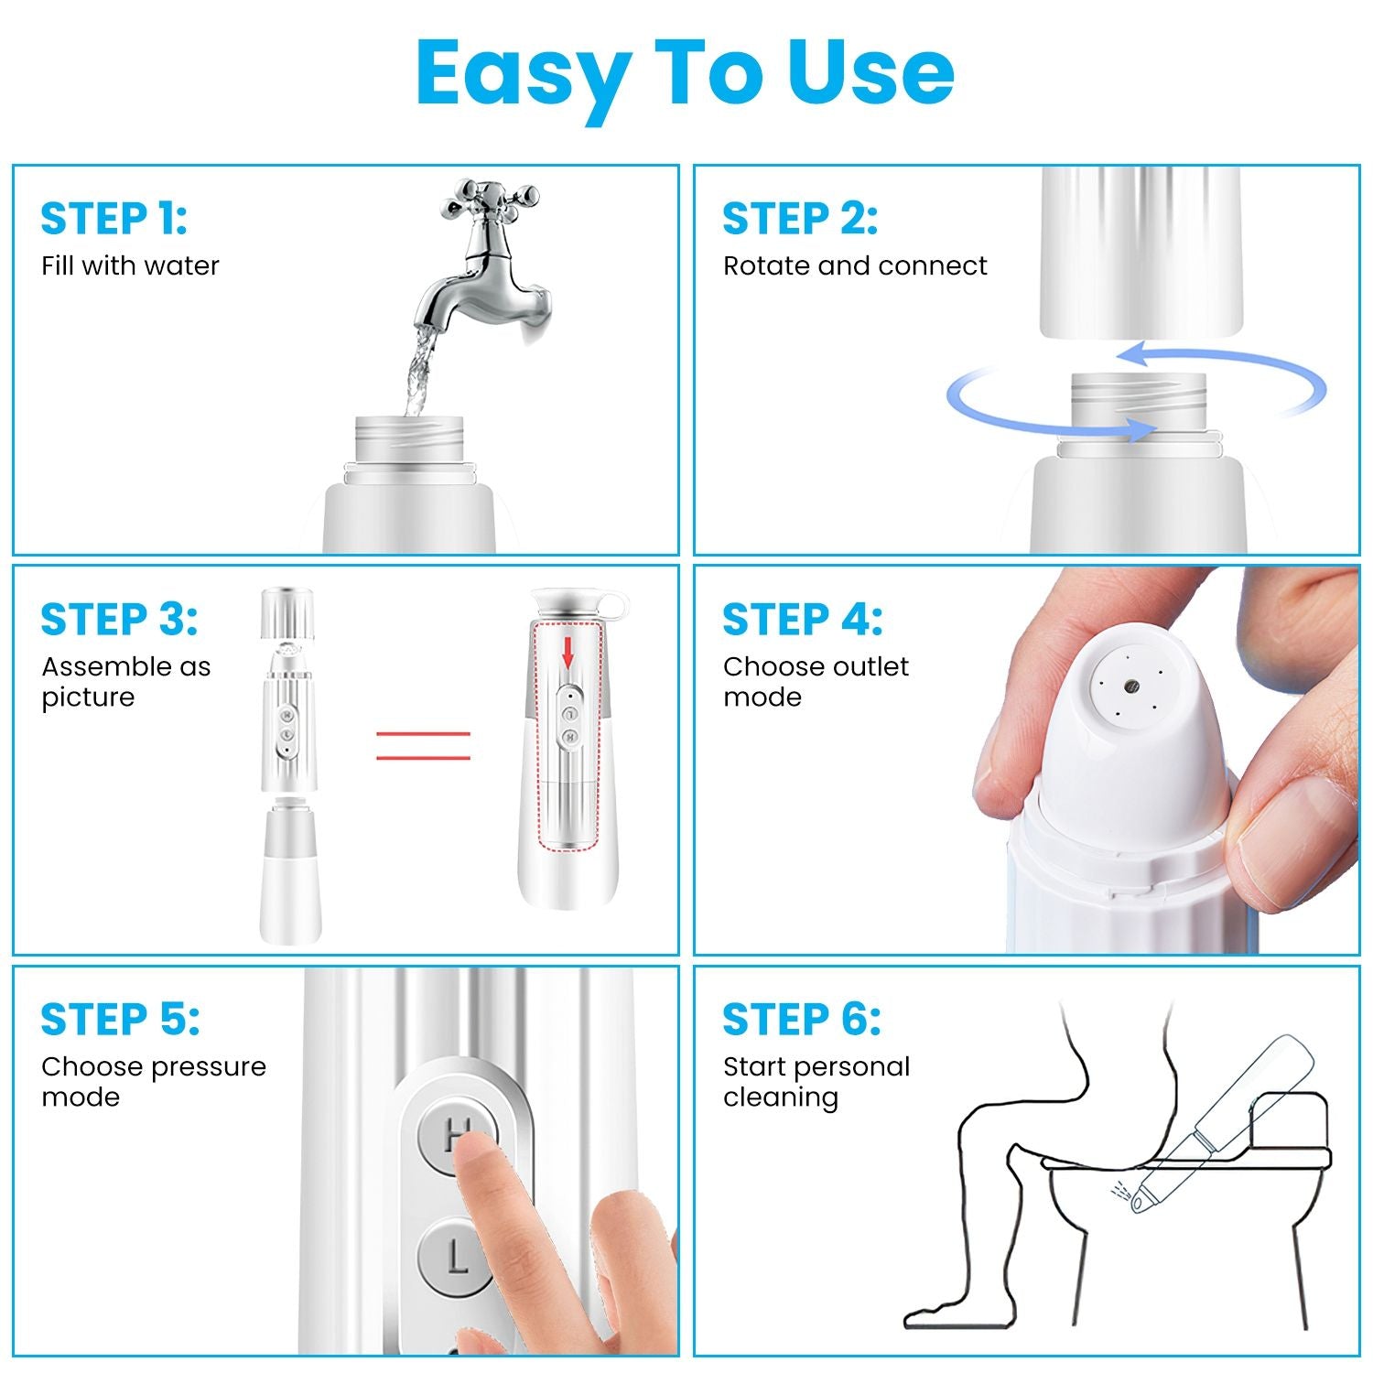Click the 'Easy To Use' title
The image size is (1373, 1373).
pos(685,73)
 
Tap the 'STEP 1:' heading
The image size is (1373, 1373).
pos(114,219)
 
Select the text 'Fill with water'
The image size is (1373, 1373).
pos(130,265)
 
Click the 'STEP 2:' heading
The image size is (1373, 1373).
pos(800,219)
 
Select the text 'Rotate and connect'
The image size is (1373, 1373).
pos(855,265)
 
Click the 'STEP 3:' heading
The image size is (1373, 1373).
pos(119,620)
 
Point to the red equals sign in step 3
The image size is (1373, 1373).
pos(423,745)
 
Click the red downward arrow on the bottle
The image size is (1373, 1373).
pos(568,653)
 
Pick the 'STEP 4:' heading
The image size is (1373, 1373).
pos(803,620)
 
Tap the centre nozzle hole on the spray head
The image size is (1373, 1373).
pos(1131,684)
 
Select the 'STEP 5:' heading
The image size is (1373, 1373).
pos(120,1020)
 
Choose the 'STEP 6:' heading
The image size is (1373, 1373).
pos(802,1020)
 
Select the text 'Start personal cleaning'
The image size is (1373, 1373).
pos(816,1081)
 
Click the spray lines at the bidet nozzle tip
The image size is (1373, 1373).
pos(1119,1191)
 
